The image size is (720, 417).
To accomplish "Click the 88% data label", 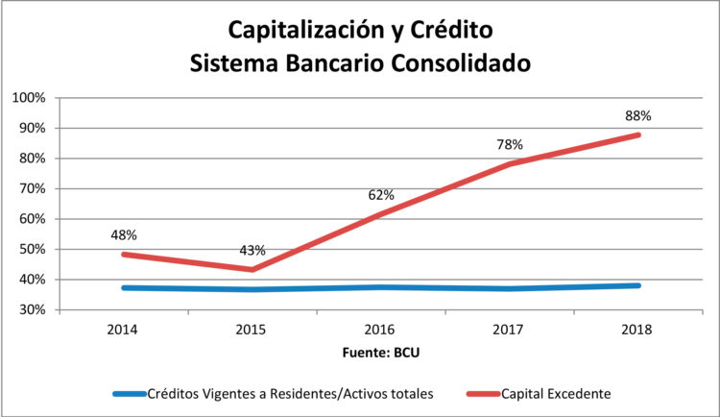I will tap(637, 115).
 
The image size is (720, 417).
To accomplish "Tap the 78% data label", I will tap(509, 145).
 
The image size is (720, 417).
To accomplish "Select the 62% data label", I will tap(381, 195).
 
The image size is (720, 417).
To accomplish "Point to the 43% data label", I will tap(252, 251).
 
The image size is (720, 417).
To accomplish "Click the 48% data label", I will tap(123, 233).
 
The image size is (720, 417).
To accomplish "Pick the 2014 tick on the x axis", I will tap(124, 330).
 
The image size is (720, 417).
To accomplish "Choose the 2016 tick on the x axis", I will tap(381, 330).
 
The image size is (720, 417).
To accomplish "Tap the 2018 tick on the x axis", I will tap(636, 330).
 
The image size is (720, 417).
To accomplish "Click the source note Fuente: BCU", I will tap(381, 352).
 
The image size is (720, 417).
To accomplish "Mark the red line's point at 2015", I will tap(252, 270).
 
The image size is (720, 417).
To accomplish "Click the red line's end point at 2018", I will tap(638, 135).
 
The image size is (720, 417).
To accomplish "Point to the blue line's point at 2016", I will tap(381, 287).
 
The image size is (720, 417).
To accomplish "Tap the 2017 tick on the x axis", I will tap(509, 330).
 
